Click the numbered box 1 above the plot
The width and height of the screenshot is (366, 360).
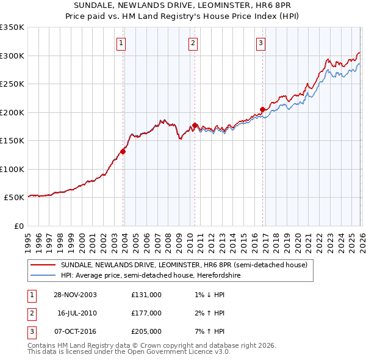point(121,43)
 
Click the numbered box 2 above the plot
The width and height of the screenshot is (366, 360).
point(193,43)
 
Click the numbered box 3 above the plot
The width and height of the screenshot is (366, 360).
point(260,43)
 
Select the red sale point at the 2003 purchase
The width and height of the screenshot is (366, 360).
point(123,151)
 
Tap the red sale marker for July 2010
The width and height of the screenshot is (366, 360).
point(195,125)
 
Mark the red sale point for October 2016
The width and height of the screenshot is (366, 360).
point(262,109)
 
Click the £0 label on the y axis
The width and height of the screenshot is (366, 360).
point(18,226)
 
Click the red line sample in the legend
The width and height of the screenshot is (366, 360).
point(43,265)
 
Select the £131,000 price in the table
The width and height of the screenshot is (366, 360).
point(146,294)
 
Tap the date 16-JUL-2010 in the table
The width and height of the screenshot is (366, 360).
point(77,313)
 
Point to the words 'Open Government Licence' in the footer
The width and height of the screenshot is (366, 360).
point(170,351)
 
